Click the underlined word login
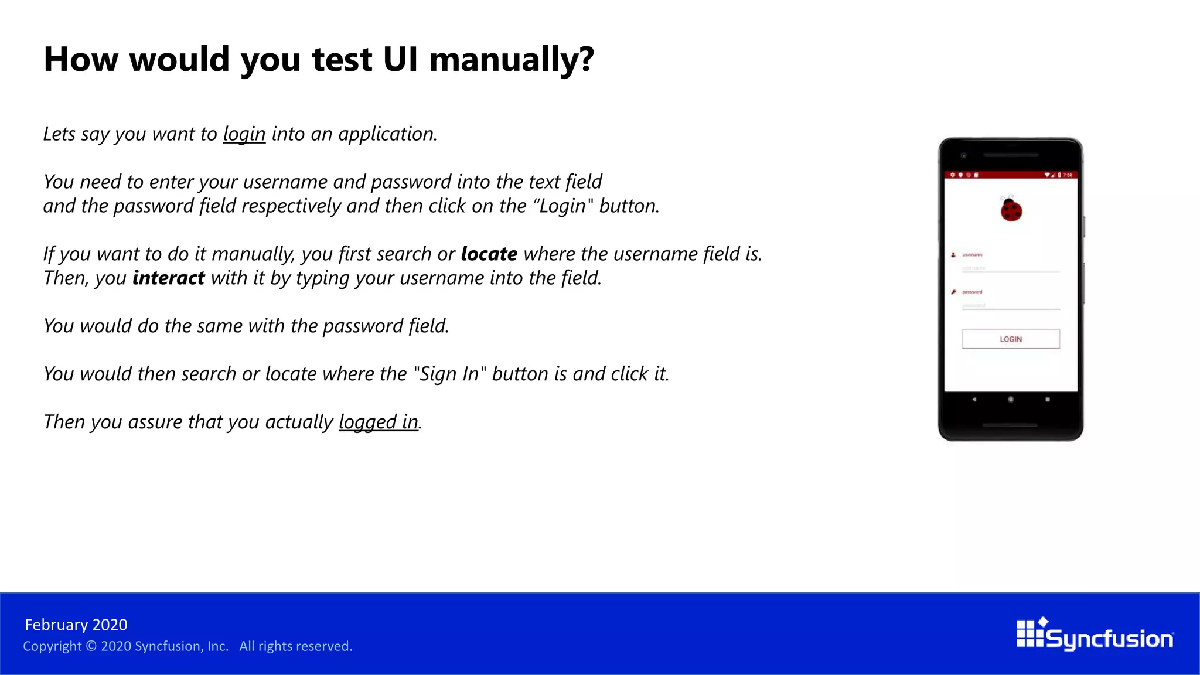pos(244,134)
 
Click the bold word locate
pos(489,254)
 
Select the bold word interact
pos(168,278)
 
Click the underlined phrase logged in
pos(379,422)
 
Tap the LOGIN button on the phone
pos(1010,339)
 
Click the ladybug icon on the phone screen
pos(1011,210)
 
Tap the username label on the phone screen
pos(972,255)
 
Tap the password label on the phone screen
pos(972,292)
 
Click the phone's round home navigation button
pos(1011,400)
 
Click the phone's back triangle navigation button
pos(974,400)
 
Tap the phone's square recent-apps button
pos(1048,400)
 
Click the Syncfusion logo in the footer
pos(1095,635)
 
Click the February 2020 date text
pos(76,625)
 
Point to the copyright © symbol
pos(91,646)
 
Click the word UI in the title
pos(401,60)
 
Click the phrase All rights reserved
pos(295,646)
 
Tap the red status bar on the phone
pos(1010,175)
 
